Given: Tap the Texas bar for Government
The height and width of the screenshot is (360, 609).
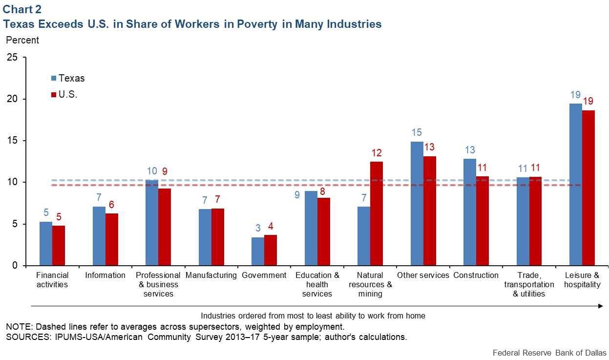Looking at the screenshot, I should pyautogui.click(x=258, y=252).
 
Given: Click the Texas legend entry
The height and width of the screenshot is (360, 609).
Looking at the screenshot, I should pyautogui.click(x=68, y=78).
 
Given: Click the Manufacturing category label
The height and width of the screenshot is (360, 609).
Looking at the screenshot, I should pyautogui.click(x=211, y=275).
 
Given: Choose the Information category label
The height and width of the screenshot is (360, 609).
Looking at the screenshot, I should pyautogui.click(x=105, y=275).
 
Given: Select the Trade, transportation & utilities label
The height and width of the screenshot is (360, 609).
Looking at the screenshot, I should pyautogui.click(x=529, y=284).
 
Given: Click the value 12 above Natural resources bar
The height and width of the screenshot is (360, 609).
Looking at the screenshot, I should pyautogui.click(x=377, y=151).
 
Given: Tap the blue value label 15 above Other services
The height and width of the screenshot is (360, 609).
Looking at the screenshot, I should pyautogui.click(x=417, y=132).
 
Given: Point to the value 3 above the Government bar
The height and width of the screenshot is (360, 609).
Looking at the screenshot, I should pyautogui.click(x=258, y=228).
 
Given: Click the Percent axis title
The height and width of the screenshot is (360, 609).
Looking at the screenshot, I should pyautogui.click(x=22, y=40).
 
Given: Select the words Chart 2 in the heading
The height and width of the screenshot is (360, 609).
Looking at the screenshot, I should pyautogui.click(x=23, y=9).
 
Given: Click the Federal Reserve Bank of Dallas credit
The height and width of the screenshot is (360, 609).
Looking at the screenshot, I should pyautogui.click(x=549, y=353).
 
